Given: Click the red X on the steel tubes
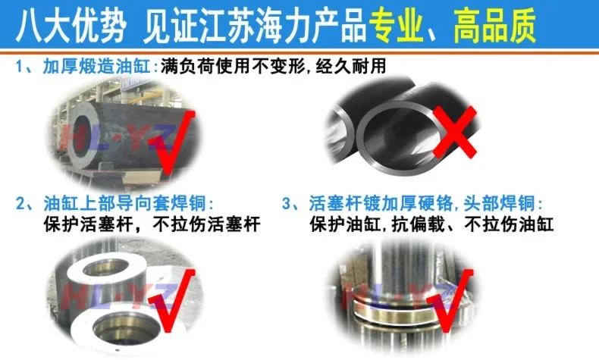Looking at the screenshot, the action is (455, 132).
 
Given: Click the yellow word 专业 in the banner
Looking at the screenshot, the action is (396, 26).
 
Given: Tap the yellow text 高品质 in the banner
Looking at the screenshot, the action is (495, 26).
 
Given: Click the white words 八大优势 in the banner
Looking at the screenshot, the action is (71, 26).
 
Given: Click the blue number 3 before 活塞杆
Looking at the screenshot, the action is (287, 203).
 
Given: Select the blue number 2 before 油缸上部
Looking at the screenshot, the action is (20, 203).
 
